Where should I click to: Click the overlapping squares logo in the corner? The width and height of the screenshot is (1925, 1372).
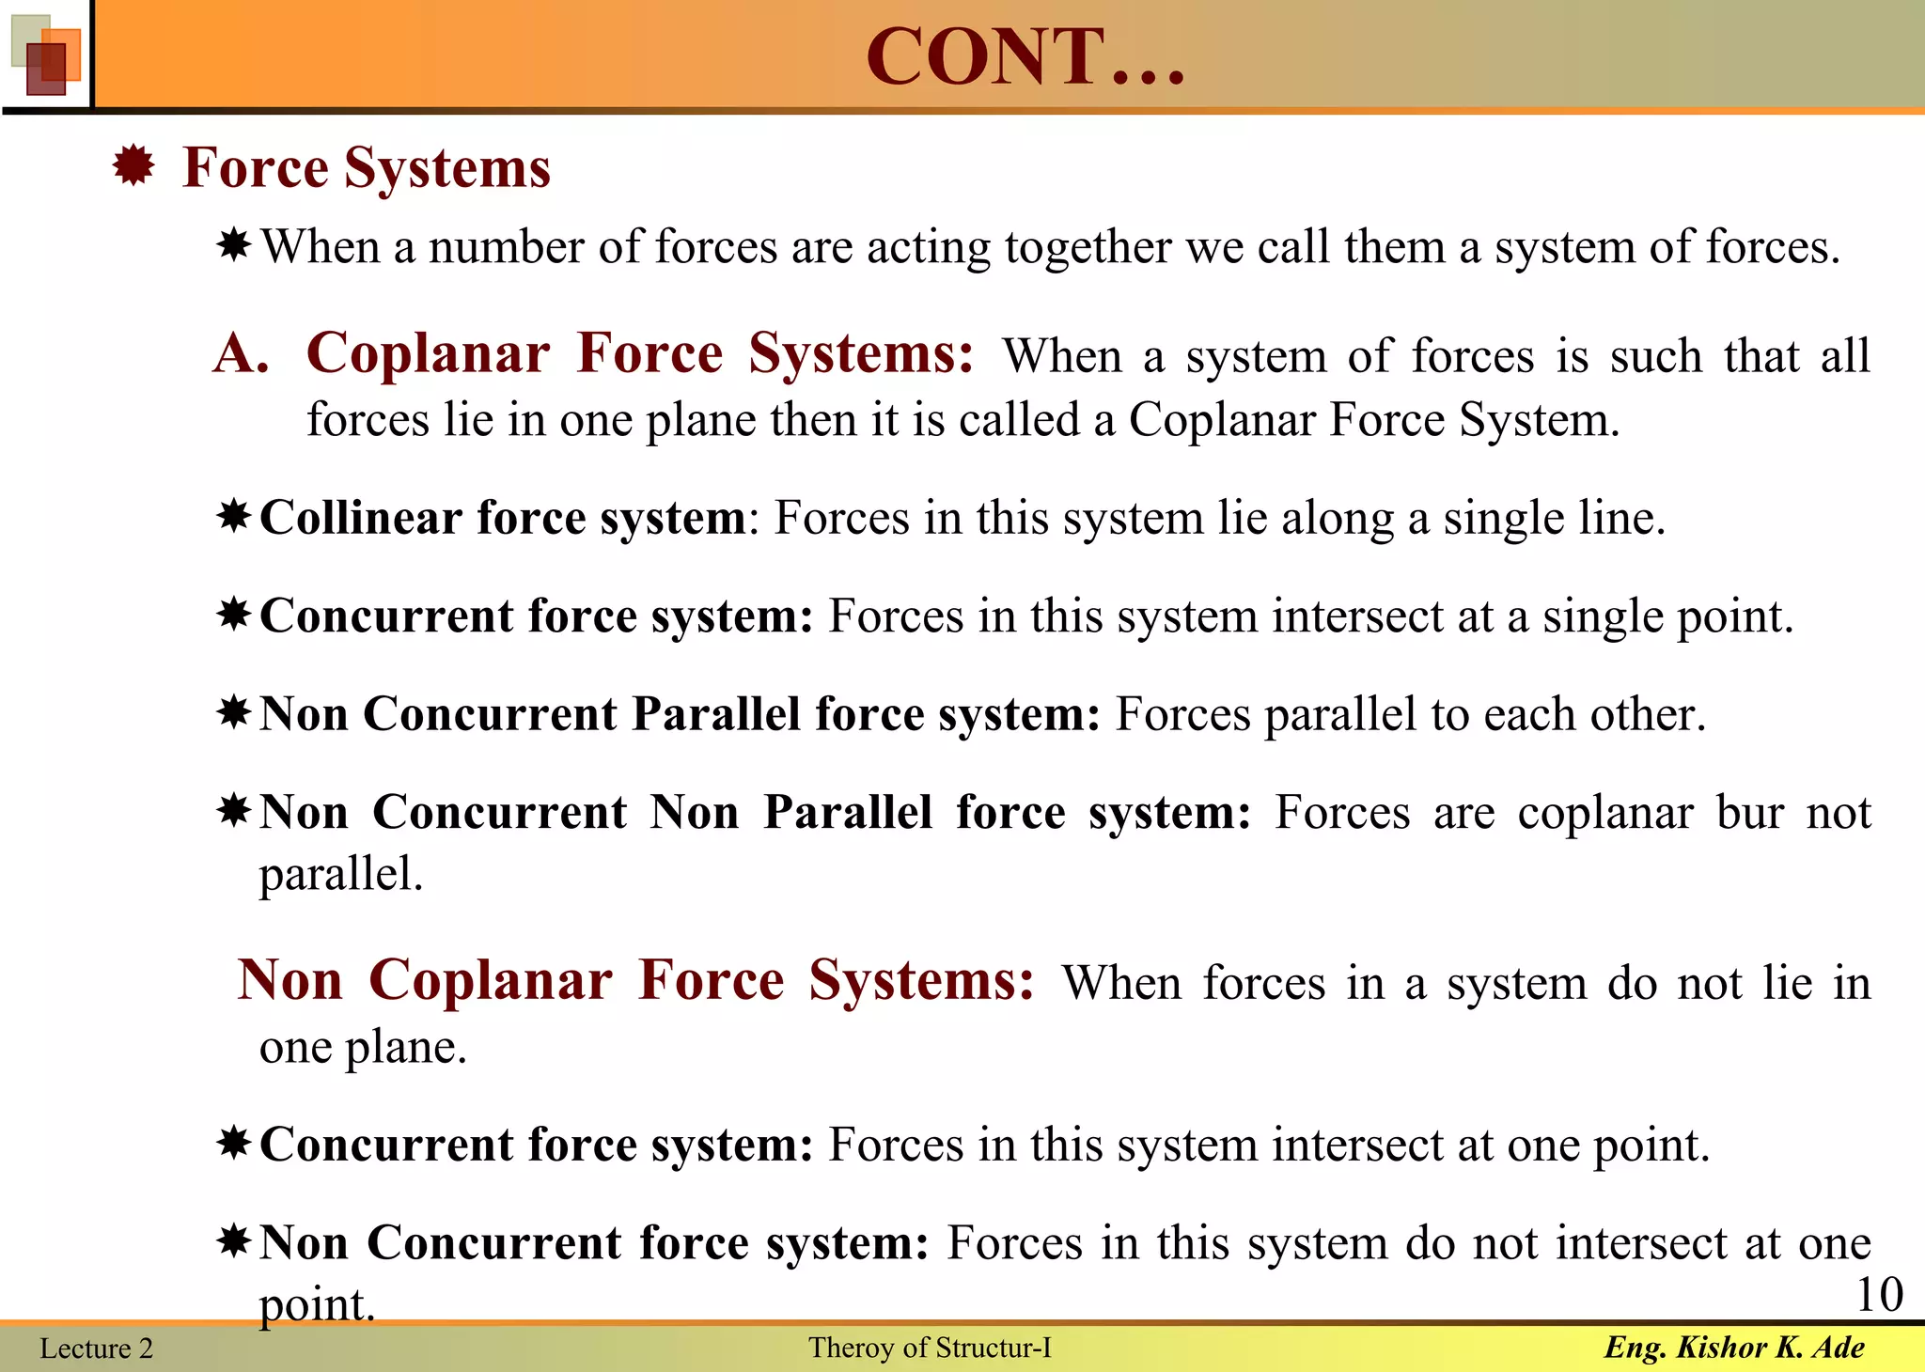tap(45, 55)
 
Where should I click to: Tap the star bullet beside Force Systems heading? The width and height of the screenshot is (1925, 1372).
tap(133, 166)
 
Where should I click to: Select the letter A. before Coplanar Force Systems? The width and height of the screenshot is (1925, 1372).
tap(241, 354)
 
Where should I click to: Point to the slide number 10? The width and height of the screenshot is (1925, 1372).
tap(1879, 1294)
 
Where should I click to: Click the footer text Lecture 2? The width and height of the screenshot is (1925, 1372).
tap(96, 1349)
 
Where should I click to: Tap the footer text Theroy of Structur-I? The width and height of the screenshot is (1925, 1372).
tap(930, 1348)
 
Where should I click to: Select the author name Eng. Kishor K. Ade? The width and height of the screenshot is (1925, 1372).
tap(1734, 1348)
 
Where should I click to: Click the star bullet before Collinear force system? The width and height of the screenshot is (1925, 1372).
tap(233, 516)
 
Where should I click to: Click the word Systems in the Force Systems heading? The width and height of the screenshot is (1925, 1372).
tap(446, 168)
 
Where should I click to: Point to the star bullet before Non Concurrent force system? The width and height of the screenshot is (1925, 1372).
tap(233, 1240)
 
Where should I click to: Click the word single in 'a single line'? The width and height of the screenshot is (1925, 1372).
tap(1503, 518)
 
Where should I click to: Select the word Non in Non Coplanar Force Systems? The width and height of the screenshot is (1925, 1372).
tap(290, 980)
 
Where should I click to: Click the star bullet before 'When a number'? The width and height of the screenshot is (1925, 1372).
tap(233, 246)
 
